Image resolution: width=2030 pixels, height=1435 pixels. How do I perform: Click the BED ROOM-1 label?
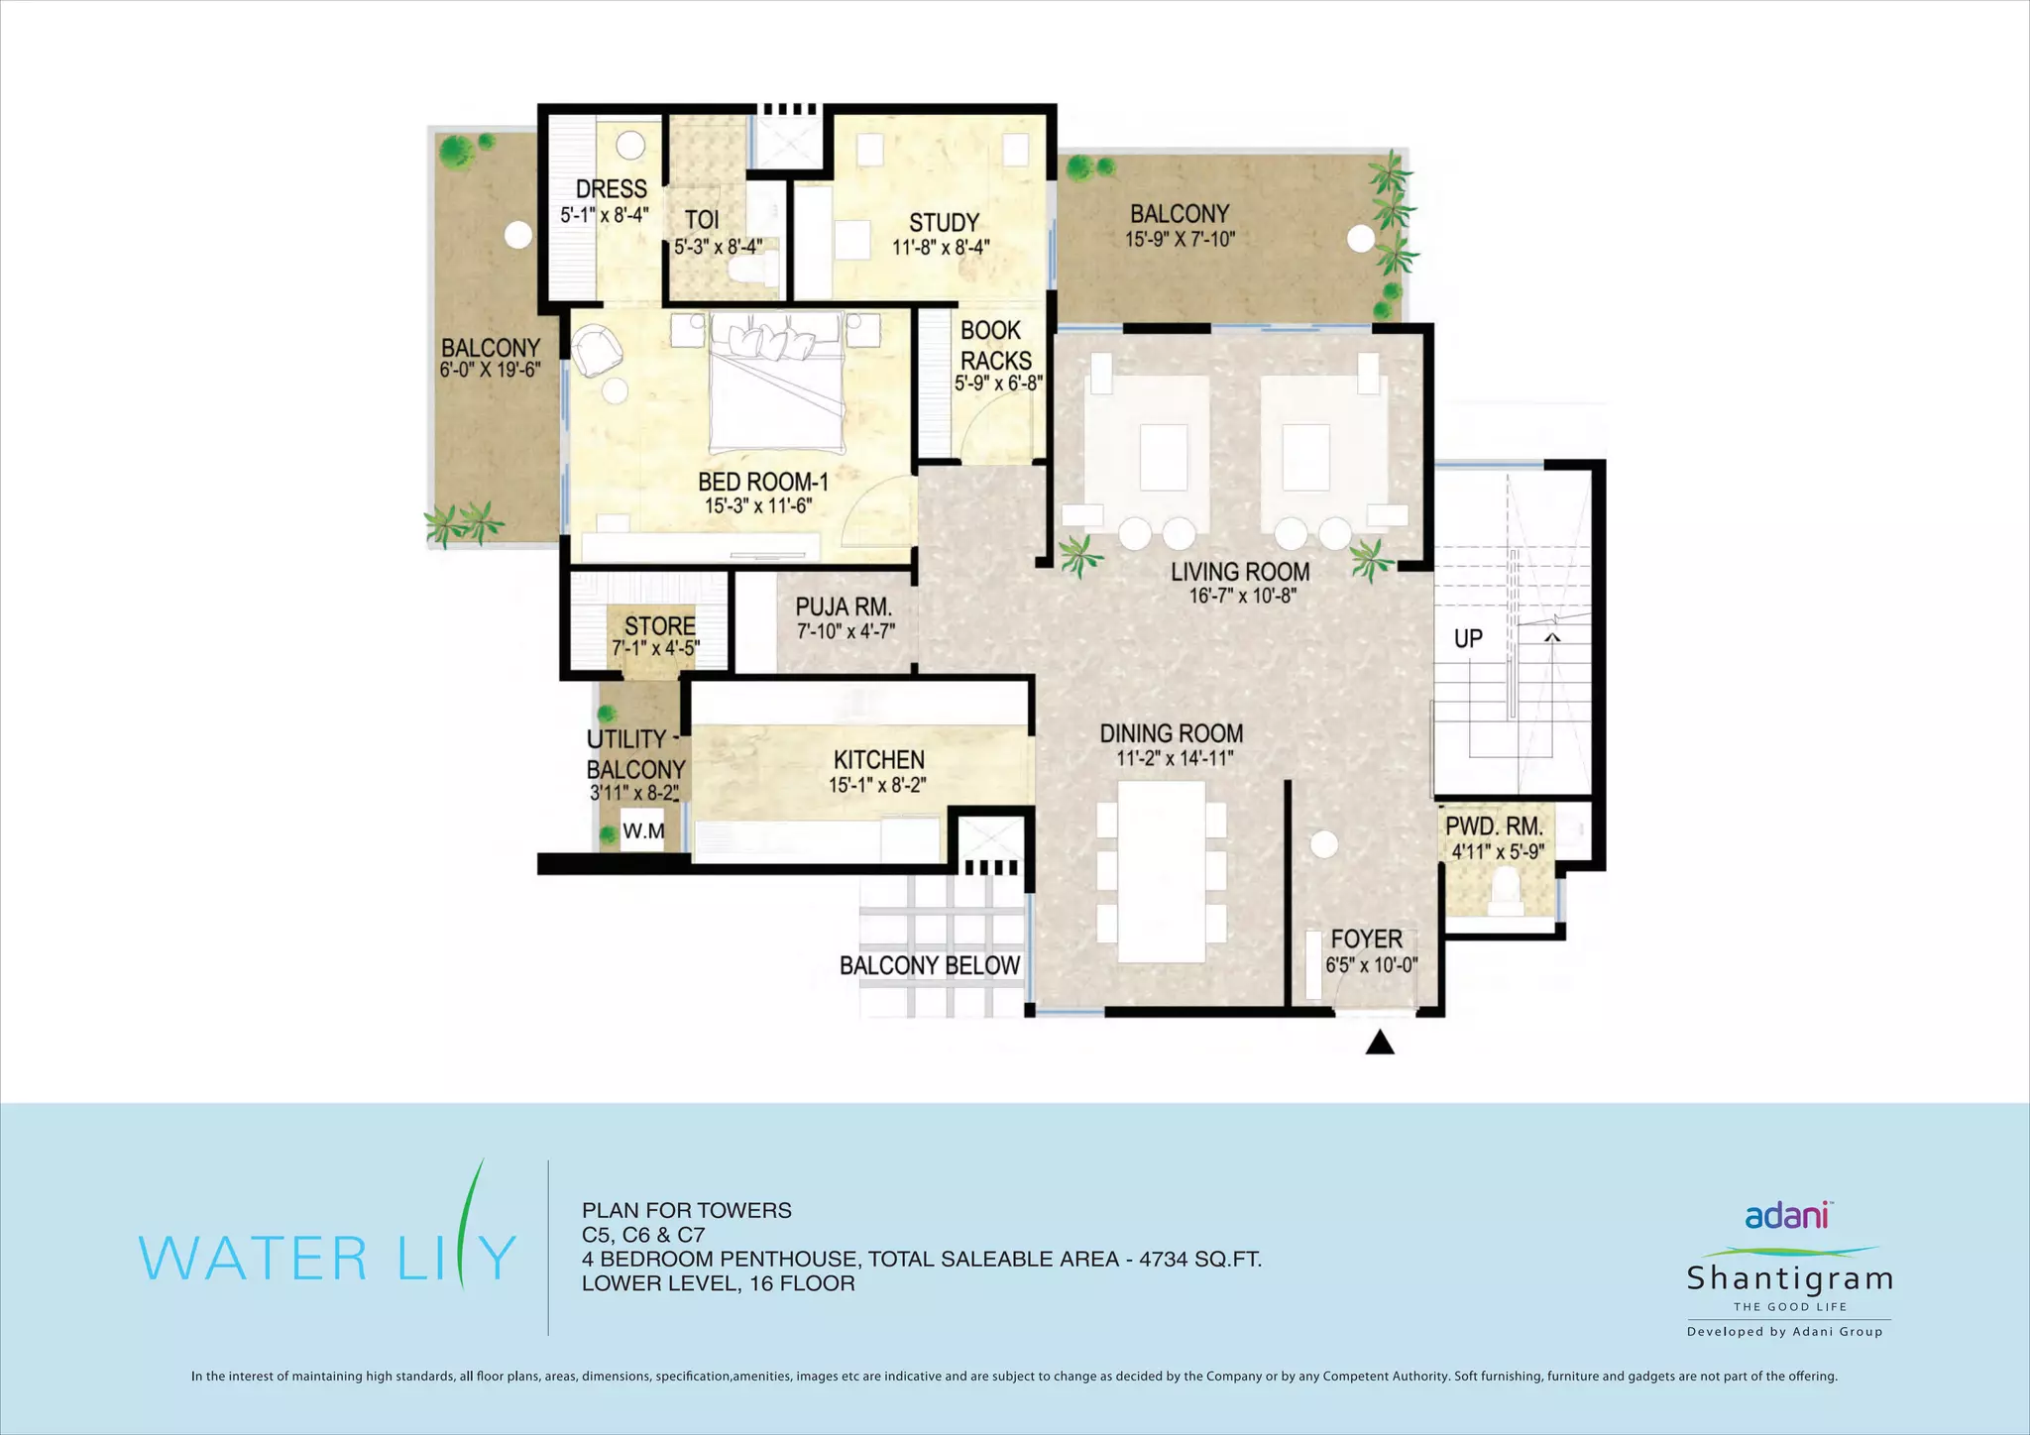pyautogui.click(x=762, y=482)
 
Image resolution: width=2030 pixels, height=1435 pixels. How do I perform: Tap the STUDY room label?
pyautogui.click(x=944, y=223)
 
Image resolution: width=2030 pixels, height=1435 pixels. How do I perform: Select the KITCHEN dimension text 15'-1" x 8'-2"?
pyautogui.click(x=877, y=785)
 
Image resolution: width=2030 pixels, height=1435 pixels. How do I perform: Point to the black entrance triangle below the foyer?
pyautogui.click(x=1380, y=1043)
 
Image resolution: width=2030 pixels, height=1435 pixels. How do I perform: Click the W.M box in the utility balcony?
pyautogui.click(x=643, y=830)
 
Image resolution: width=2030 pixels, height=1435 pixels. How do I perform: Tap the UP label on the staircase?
pyautogui.click(x=1468, y=638)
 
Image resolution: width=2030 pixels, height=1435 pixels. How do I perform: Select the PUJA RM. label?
pyautogui.click(x=844, y=607)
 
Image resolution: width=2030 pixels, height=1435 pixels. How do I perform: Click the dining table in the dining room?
pyautogui.click(x=1162, y=871)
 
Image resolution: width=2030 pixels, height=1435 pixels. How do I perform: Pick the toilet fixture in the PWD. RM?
pyautogui.click(x=1505, y=890)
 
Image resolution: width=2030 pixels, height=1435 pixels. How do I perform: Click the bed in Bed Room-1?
pyautogui.click(x=776, y=382)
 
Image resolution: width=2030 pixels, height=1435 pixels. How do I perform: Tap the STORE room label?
pyautogui.click(x=659, y=626)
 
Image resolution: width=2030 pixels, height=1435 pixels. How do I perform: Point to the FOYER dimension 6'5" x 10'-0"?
pyautogui.click(x=1371, y=964)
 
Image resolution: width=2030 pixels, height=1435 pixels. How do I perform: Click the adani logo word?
pyautogui.click(x=1787, y=1215)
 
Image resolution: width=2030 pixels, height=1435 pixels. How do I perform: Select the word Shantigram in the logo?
pyautogui.click(x=1789, y=1278)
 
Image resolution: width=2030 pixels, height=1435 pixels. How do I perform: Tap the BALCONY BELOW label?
pyautogui.click(x=930, y=965)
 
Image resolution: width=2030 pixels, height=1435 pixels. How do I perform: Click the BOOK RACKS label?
pyautogui.click(x=995, y=345)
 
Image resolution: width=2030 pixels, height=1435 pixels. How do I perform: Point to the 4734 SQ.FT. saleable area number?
pyautogui.click(x=1200, y=1259)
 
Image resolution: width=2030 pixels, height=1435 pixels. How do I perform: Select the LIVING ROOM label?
pyautogui.click(x=1240, y=572)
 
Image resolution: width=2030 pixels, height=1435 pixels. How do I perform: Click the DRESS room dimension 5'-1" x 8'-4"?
pyautogui.click(x=605, y=214)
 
